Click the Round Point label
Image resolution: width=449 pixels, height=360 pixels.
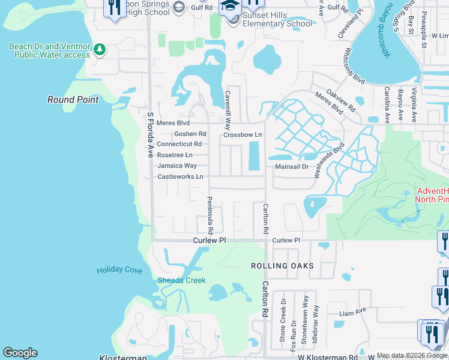click(73, 100)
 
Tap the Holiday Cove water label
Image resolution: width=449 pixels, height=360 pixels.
click(119, 270)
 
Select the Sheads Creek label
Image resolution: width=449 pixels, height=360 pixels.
click(181, 280)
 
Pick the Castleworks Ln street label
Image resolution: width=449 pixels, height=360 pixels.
click(180, 176)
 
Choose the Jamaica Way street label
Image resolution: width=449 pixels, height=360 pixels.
click(176, 166)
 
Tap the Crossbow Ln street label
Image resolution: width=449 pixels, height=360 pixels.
click(243, 135)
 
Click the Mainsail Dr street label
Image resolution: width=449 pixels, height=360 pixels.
click(292, 167)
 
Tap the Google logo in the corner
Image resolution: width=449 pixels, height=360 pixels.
click(20, 353)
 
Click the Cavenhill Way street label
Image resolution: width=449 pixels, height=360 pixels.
click(228, 110)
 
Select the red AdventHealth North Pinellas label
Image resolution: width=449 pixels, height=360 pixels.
click(432, 196)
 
